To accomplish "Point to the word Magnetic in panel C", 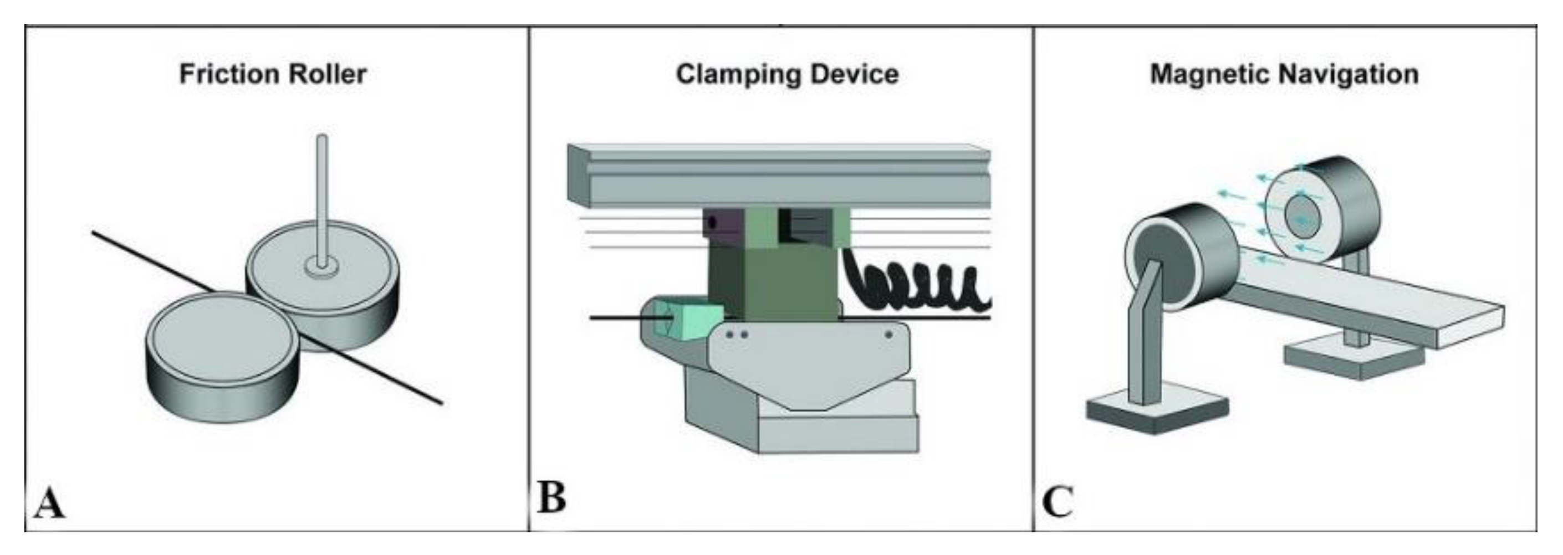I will point(1210,75).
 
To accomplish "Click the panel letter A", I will point(49,503).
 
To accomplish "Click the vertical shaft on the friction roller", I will point(322,194).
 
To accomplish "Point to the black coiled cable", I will point(916,285).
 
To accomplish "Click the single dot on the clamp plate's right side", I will point(888,334).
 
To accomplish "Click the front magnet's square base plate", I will point(1156,413).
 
